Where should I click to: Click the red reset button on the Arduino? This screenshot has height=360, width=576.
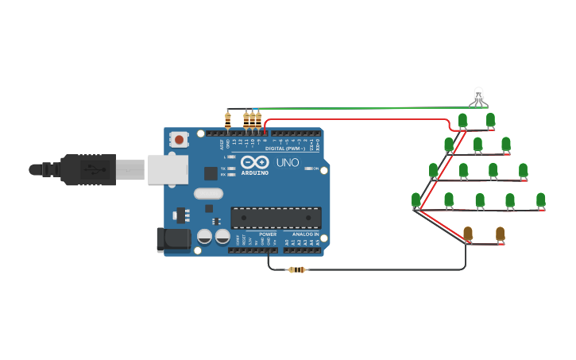(179, 140)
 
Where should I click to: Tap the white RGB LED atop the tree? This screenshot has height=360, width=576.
(477, 96)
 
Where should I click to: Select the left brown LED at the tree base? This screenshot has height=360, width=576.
(468, 234)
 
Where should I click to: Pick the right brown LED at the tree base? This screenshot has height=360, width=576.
(500, 234)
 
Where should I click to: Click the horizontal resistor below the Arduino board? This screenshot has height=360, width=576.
(296, 269)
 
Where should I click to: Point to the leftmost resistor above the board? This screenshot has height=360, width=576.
(228, 119)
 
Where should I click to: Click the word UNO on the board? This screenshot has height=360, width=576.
(288, 163)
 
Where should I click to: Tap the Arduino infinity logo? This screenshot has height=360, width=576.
(255, 162)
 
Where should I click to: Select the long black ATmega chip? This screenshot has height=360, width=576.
(276, 217)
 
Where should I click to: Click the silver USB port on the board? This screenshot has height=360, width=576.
(168, 169)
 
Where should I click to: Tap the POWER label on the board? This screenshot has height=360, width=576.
(268, 234)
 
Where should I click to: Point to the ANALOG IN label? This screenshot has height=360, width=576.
(305, 234)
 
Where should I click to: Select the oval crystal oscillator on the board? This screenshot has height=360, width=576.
(208, 193)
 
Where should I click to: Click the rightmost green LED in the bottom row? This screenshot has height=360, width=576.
(540, 199)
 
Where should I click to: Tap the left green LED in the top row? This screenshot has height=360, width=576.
(462, 120)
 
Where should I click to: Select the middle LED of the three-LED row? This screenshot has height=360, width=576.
(477, 144)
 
